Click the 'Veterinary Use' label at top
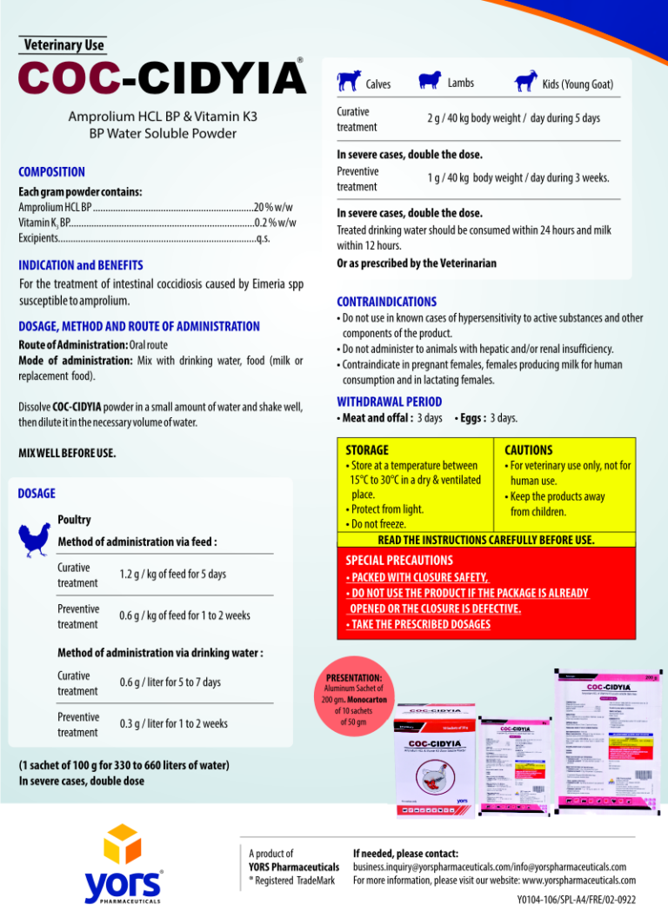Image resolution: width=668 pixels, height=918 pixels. point(64,44)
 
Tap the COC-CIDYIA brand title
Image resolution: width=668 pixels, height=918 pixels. point(162,78)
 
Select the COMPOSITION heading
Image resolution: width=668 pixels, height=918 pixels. point(52,172)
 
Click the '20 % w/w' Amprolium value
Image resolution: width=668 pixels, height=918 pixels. point(273,207)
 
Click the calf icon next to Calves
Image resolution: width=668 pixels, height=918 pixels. point(350,81)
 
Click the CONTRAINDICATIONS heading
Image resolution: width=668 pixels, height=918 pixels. point(386,302)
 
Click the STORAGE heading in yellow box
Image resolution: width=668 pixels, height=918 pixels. point(367,450)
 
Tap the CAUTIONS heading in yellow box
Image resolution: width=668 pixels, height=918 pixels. point(528,450)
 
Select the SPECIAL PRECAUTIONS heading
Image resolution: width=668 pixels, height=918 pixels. point(399,560)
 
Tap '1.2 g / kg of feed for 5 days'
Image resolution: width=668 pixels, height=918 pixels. point(172,574)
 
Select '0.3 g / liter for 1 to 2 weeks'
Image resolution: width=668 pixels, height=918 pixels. point(174,723)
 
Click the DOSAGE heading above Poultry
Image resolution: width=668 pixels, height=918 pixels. point(37,493)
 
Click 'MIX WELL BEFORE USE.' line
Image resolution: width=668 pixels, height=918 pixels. point(68,453)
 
